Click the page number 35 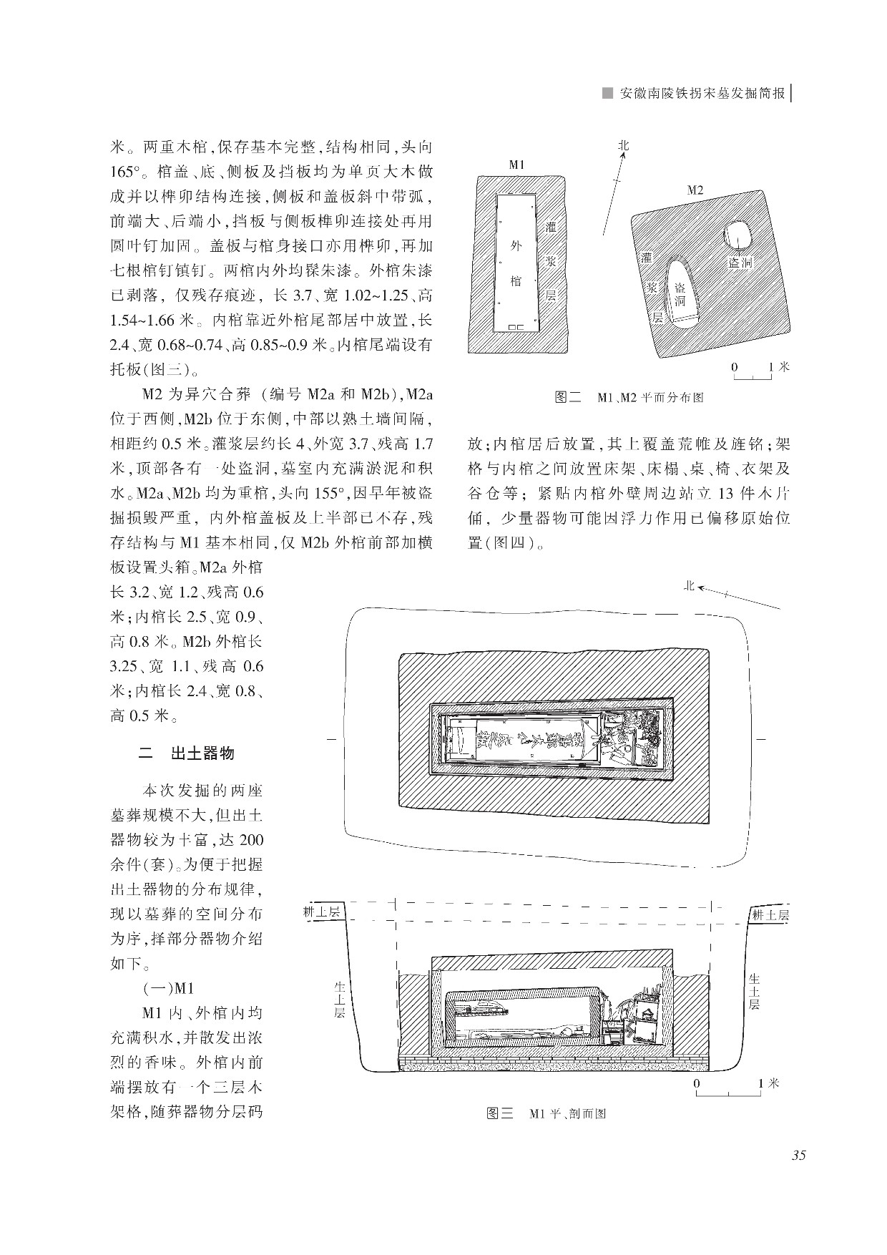798,1156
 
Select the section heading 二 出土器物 187,753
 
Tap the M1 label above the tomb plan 516,165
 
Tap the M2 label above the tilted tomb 695,190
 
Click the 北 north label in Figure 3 689,586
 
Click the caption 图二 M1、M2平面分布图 629,396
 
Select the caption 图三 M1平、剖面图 546,1114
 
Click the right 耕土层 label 770,914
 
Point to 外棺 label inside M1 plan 516,263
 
